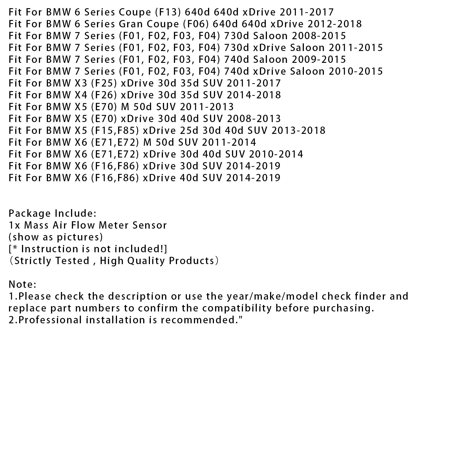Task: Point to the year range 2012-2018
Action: [x=335, y=24]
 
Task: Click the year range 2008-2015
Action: [x=319, y=36]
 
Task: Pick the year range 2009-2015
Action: [x=319, y=59]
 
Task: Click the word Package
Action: [x=30, y=213]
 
